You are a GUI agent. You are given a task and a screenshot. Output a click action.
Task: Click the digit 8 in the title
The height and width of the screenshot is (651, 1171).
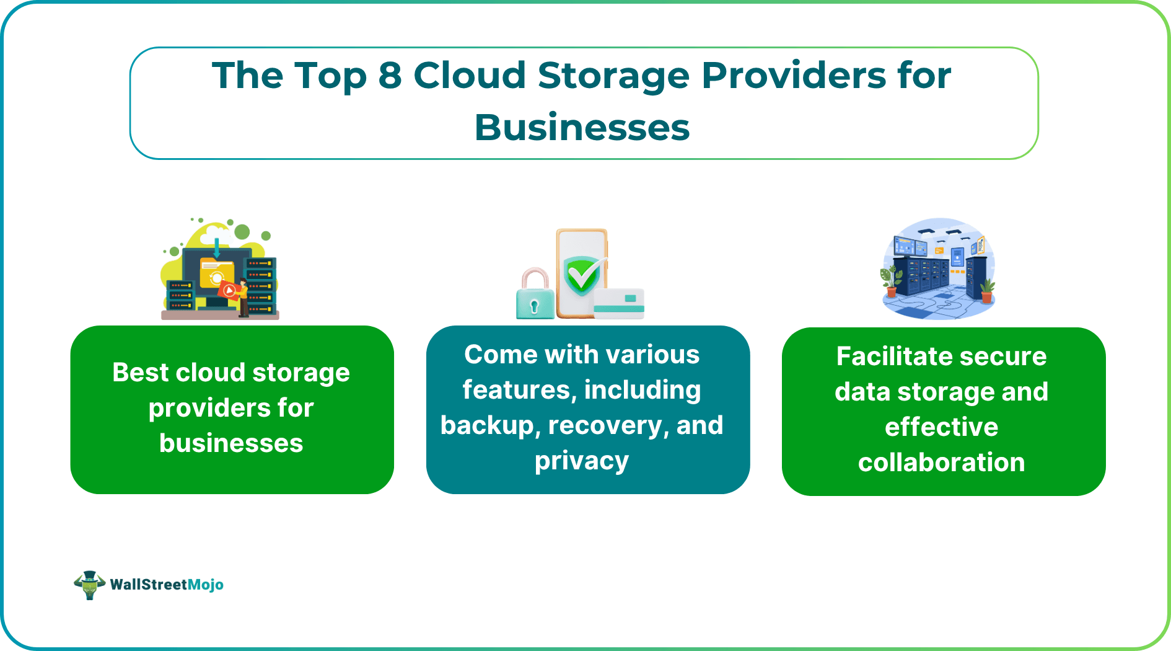(x=390, y=76)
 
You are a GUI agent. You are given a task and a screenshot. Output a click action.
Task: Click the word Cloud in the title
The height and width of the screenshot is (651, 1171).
(x=470, y=76)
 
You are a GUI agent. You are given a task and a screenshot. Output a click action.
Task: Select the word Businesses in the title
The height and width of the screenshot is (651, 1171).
(x=582, y=128)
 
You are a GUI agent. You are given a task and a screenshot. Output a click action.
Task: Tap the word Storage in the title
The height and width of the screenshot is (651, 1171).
(x=613, y=76)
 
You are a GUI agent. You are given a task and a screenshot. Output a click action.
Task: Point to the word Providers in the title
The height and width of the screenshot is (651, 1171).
(x=794, y=76)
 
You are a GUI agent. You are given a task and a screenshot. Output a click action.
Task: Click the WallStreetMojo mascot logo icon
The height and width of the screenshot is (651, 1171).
(x=89, y=585)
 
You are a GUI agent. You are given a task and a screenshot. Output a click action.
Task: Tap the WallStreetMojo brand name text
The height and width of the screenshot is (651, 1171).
(x=166, y=585)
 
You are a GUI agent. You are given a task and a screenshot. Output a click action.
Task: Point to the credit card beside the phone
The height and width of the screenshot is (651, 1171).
(x=619, y=303)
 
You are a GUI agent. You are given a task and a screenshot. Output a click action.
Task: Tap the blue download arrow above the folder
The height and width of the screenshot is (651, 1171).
(x=217, y=249)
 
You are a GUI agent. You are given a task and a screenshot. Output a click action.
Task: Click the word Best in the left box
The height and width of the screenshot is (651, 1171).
(x=141, y=373)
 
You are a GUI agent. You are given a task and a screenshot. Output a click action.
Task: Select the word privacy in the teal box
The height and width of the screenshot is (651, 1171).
(x=582, y=461)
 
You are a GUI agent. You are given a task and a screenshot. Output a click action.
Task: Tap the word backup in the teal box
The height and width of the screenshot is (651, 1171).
(x=487, y=425)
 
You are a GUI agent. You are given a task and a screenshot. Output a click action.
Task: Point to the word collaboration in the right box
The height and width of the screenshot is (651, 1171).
(x=941, y=463)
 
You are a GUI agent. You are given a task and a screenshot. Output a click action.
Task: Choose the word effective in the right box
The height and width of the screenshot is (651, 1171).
(x=941, y=427)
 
